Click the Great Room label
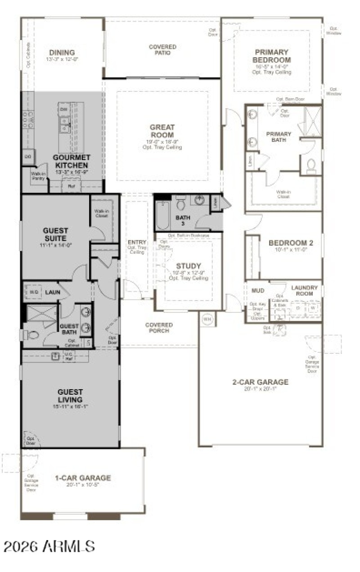point(162,131)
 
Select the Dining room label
point(62,53)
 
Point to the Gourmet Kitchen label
point(71,161)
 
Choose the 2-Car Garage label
point(260,382)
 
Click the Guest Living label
point(70,396)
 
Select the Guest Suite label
point(55,234)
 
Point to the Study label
point(188,266)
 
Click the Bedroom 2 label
point(290,243)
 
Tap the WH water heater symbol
point(207,319)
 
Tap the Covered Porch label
point(159,328)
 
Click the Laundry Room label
point(305,291)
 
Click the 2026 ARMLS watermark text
point(49,546)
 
